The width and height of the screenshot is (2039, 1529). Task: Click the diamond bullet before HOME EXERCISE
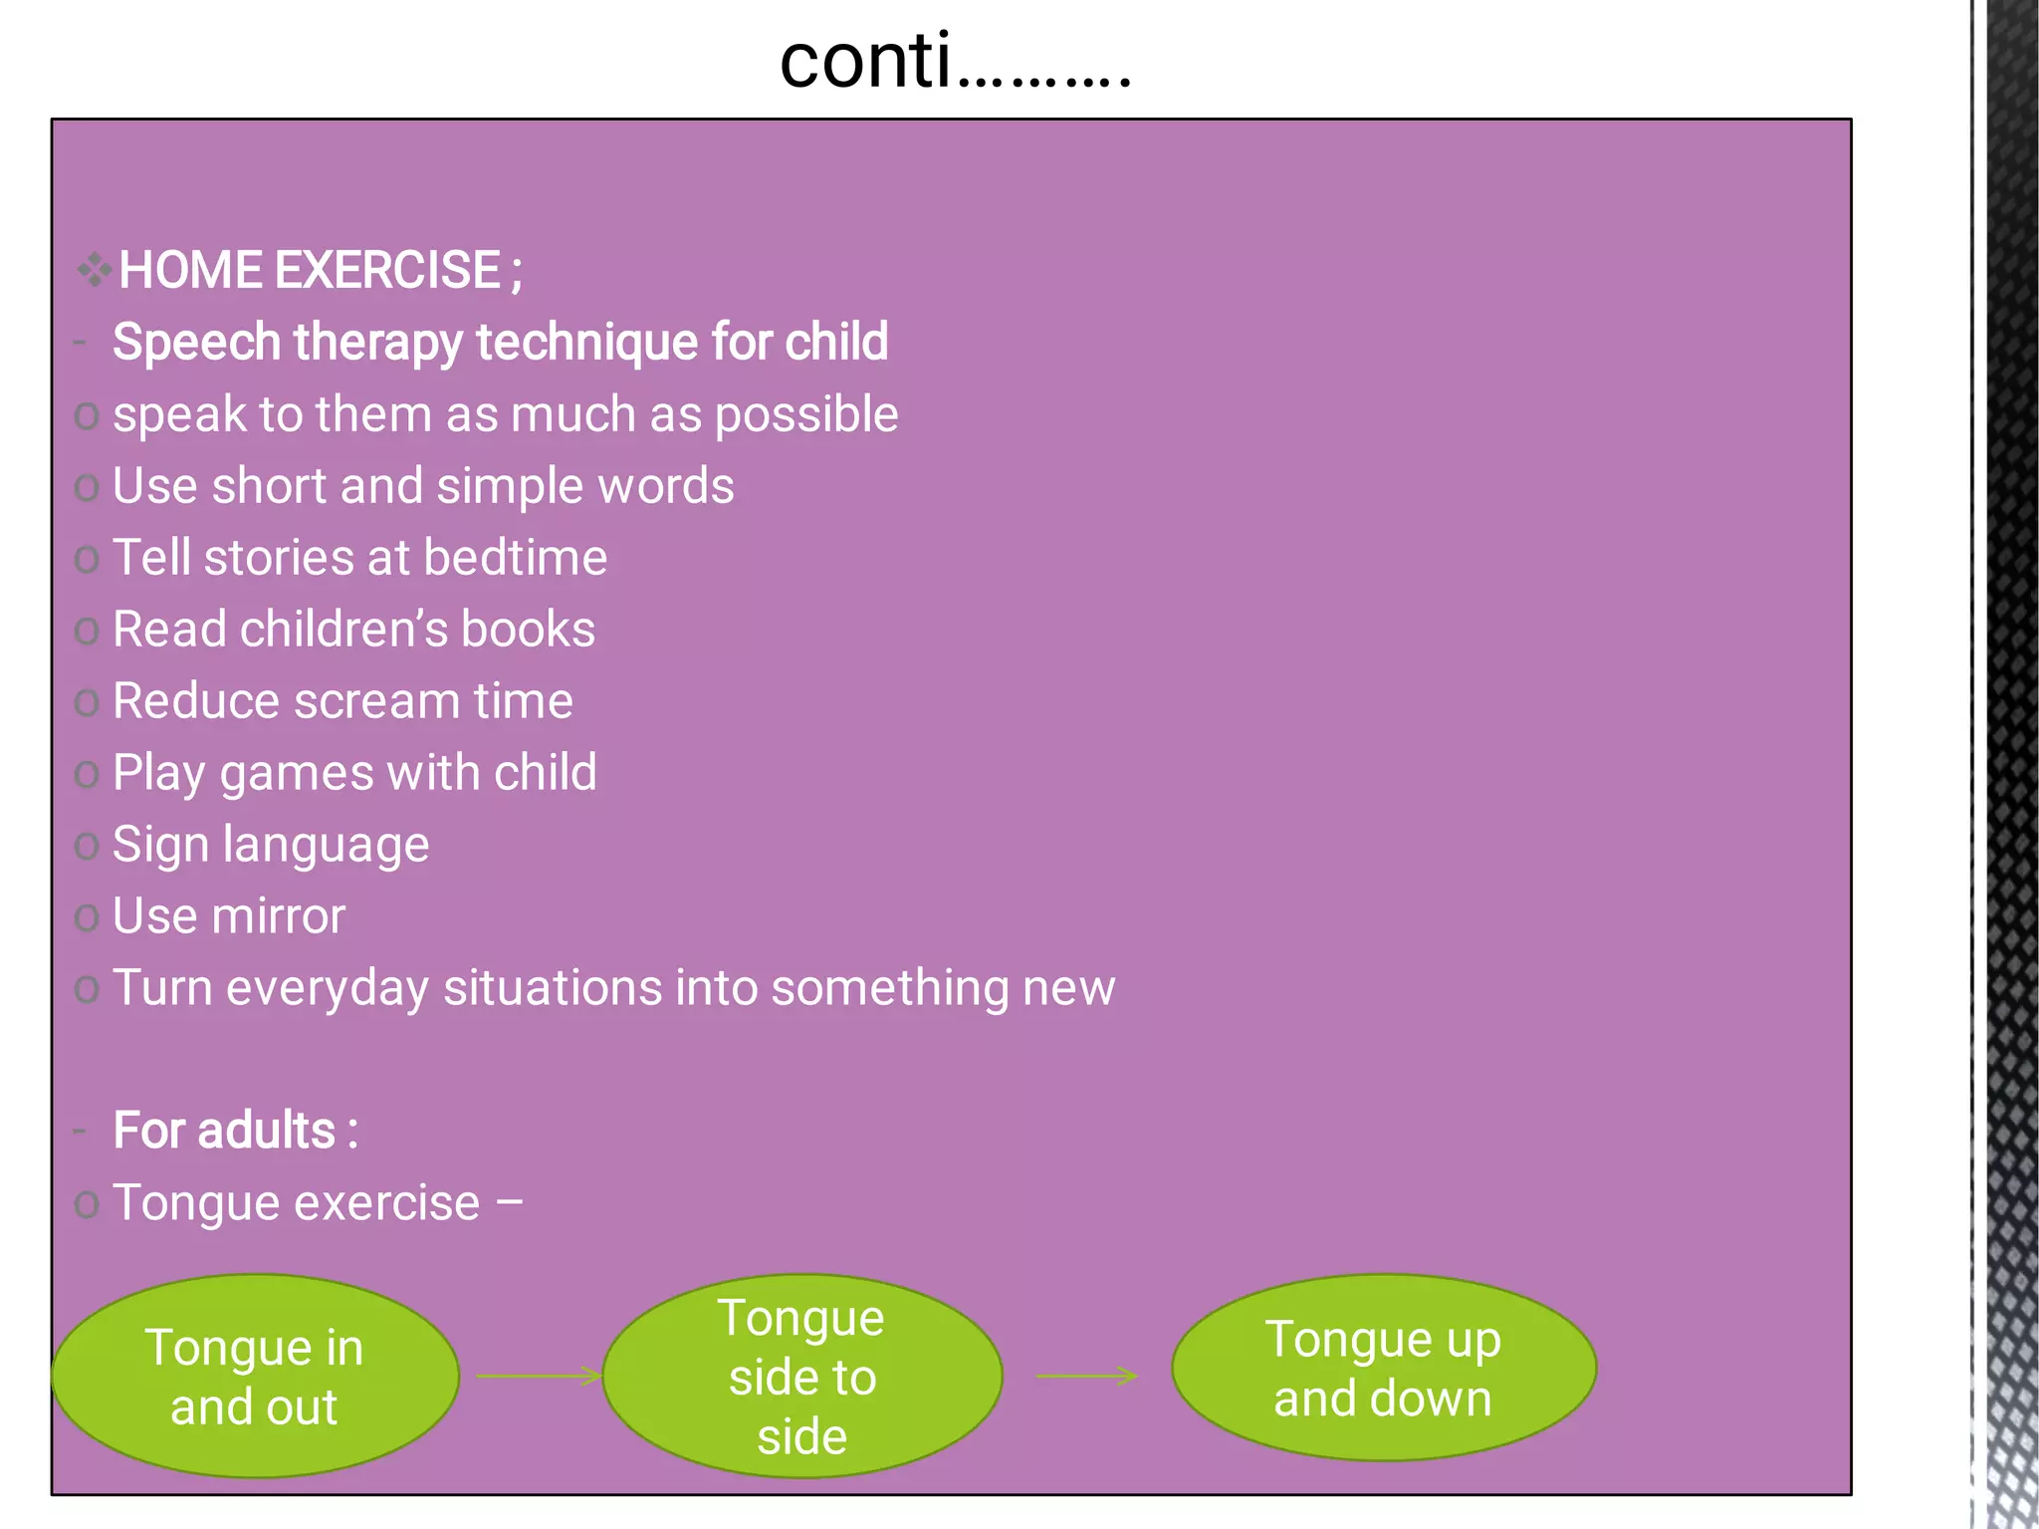tap(94, 270)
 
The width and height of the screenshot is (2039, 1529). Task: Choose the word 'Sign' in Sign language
tap(159, 846)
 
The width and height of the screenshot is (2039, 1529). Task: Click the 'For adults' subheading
tap(235, 1132)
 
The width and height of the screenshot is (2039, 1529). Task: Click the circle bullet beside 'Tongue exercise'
tap(87, 1204)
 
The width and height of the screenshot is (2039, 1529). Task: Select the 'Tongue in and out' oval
tap(255, 1376)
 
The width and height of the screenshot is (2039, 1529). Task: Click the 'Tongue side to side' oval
tap(802, 1376)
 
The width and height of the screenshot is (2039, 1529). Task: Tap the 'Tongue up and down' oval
tap(1383, 1368)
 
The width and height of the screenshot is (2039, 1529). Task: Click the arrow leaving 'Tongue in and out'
tap(539, 1376)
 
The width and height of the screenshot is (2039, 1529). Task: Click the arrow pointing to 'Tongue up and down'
tap(1086, 1376)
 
